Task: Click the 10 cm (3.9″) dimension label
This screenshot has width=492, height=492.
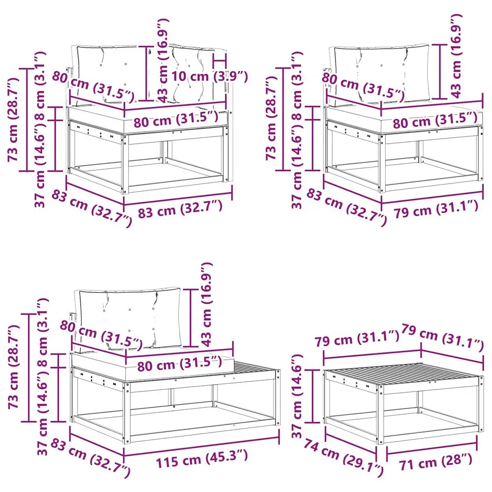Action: coord(210,76)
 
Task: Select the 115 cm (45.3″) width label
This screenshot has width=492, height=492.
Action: coord(202,459)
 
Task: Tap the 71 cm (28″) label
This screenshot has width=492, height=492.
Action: coord(436,462)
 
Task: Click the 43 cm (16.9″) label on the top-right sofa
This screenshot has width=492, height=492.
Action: coord(456,57)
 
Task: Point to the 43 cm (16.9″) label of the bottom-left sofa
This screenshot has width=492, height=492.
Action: coord(207,305)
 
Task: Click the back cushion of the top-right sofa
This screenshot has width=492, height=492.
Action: coord(382,74)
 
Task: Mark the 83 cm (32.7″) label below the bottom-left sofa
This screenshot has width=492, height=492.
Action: coord(91,458)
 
